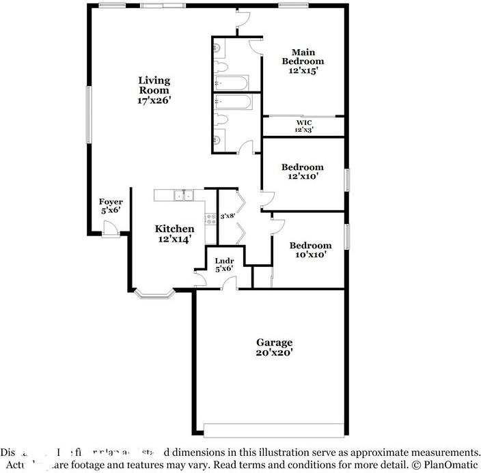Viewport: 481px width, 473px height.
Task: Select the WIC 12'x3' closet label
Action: (304, 126)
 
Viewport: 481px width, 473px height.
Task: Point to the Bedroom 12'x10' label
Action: (302, 171)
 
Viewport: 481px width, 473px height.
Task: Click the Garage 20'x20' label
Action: (274, 347)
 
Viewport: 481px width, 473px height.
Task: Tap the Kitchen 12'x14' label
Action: (174, 233)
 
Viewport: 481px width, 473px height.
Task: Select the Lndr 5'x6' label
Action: (224, 264)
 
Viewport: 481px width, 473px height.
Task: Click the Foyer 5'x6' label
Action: (111, 206)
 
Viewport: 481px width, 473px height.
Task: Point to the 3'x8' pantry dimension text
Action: (228, 216)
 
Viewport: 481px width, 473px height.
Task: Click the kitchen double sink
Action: (182, 195)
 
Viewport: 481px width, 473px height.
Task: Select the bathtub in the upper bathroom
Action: (233, 83)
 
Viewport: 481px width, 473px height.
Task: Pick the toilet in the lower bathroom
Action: (219, 121)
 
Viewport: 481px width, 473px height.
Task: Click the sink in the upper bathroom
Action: (217, 48)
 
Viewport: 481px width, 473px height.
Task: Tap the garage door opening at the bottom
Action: (273, 430)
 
